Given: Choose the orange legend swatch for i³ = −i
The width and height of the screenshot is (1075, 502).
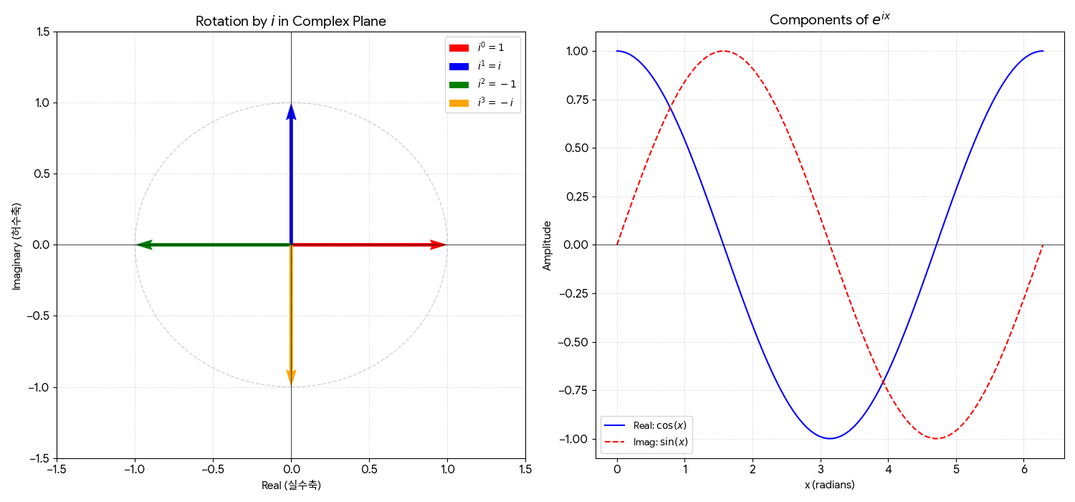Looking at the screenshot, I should tap(459, 103).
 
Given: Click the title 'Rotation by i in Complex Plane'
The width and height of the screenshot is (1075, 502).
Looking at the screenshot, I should tap(291, 22).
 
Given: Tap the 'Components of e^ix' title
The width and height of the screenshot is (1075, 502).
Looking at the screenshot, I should tap(829, 20).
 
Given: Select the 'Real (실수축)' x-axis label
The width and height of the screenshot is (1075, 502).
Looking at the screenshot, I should tap(291, 486).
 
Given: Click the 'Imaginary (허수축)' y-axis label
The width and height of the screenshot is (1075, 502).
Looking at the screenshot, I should tap(16, 245).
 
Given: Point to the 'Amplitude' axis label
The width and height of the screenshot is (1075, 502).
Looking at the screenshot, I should tap(547, 245).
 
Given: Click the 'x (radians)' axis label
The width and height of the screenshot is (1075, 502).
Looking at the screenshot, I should tap(829, 485).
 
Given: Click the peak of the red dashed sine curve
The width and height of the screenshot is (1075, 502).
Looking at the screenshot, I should tap(723, 51).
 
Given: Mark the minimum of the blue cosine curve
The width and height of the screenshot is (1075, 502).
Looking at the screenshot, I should tap(830, 438).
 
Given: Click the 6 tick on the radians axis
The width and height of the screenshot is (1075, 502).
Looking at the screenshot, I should tap(1023, 470).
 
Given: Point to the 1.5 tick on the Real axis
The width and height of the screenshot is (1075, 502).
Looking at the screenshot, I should tap(525, 469).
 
